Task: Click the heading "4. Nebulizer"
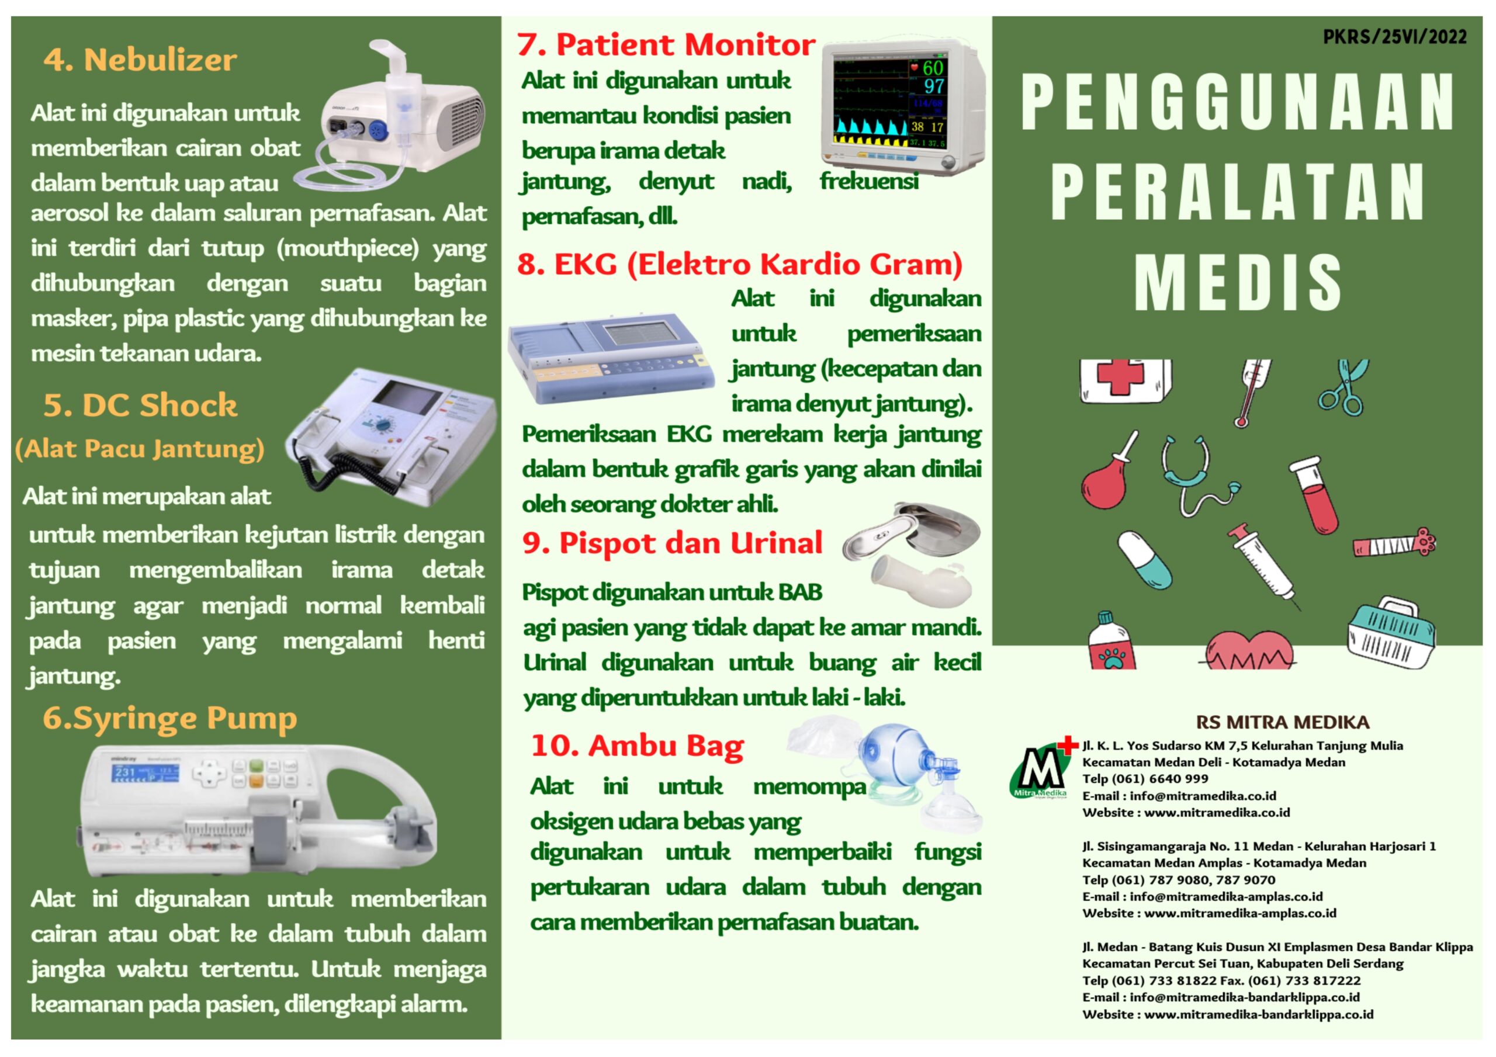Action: pyautogui.click(x=140, y=60)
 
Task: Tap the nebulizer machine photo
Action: pyautogui.click(x=391, y=114)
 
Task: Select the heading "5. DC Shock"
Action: pyautogui.click(x=140, y=406)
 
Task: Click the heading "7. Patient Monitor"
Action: pyautogui.click(x=666, y=45)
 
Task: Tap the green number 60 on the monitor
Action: pyautogui.click(x=933, y=67)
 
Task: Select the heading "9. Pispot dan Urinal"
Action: pyautogui.click(x=673, y=543)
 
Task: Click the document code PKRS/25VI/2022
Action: pyautogui.click(x=1394, y=36)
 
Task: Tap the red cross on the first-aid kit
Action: pyautogui.click(x=1121, y=377)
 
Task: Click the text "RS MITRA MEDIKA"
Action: pyautogui.click(x=1282, y=722)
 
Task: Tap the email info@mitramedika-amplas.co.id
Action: pyautogui.click(x=1226, y=897)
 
